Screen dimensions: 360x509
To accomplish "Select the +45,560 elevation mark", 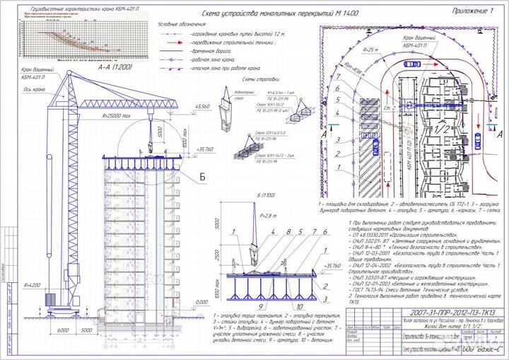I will (202, 106).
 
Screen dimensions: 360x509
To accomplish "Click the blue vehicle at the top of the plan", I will (411, 64).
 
